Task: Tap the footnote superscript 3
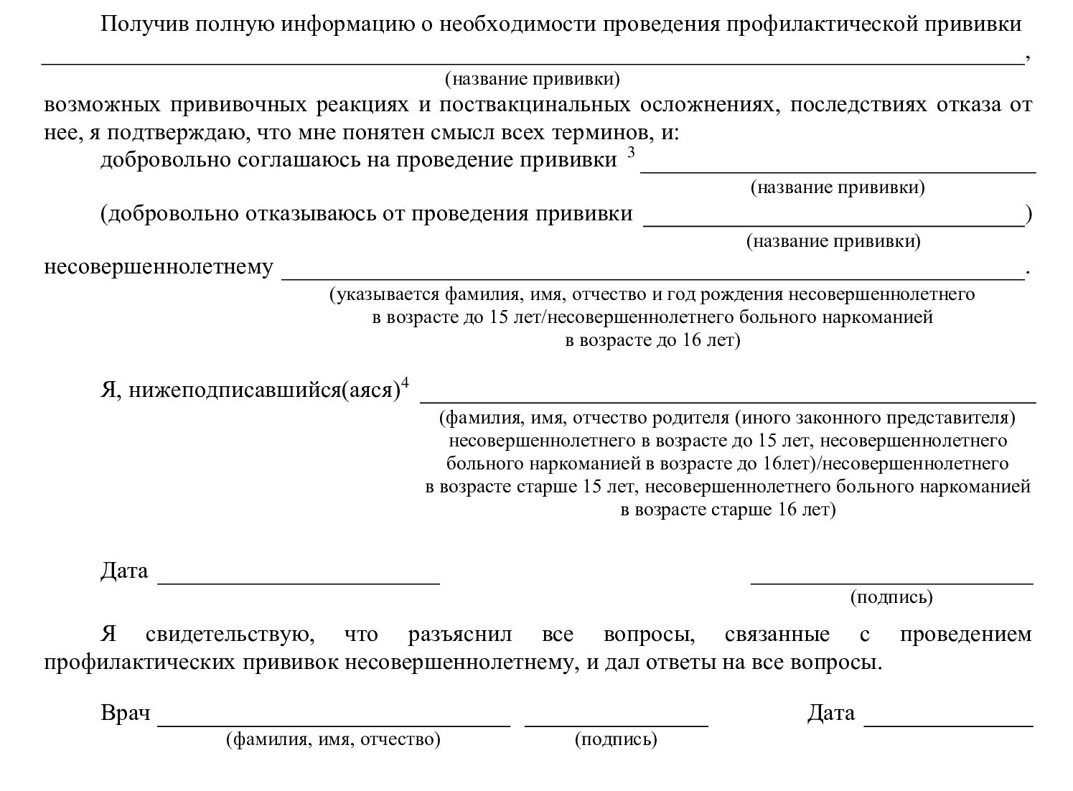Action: [x=631, y=151]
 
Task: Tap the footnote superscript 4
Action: [x=405, y=384]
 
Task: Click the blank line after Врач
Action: [x=334, y=724]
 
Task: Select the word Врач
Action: [x=126, y=713]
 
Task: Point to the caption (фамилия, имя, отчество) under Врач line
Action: [x=333, y=739]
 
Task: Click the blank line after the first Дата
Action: [x=299, y=582]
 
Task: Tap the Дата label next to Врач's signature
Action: [x=830, y=713]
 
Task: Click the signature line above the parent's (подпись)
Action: [x=891, y=582]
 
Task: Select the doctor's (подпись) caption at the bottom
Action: [x=616, y=739]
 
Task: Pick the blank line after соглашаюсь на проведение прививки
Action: [x=838, y=170]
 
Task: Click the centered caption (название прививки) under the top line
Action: [x=532, y=78]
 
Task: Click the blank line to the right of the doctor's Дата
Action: [x=948, y=724]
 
